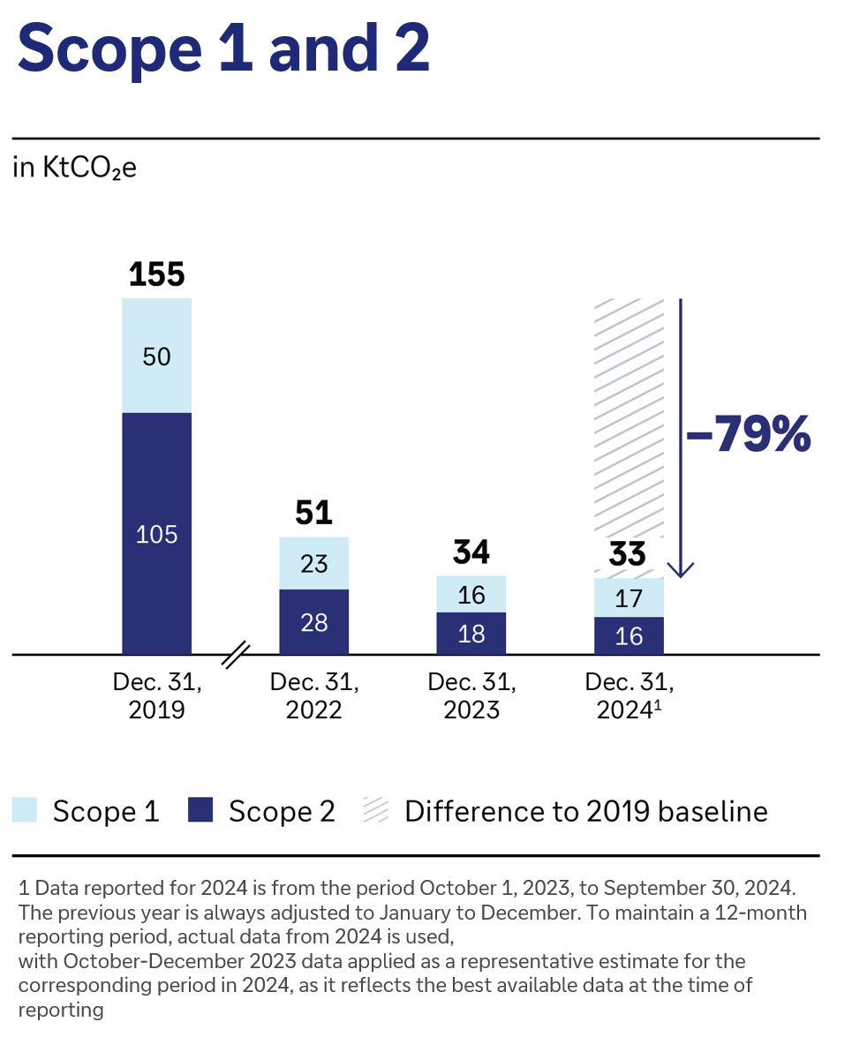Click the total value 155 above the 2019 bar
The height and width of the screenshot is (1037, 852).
(157, 274)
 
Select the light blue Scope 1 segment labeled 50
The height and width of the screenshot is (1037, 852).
(157, 356)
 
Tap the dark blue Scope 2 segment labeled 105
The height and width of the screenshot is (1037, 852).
(157, 533)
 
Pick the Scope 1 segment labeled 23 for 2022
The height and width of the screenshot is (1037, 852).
(314, 563)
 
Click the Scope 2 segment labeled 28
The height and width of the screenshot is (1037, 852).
(314, 622)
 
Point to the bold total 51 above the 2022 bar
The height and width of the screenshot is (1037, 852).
(314, 513)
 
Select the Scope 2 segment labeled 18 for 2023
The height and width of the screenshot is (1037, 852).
(471, 634)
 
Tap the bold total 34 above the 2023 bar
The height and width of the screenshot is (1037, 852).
(471, 552)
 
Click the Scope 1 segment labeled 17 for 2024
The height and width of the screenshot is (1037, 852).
(629, 598)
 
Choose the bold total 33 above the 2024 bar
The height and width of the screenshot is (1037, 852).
(629, 554)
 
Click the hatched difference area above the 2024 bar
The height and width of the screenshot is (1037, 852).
(629, 415)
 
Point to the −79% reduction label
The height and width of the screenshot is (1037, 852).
(747, 435)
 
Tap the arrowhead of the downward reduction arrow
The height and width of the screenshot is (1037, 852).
(681, 569)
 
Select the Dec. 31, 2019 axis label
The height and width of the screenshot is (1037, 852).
(157, 695)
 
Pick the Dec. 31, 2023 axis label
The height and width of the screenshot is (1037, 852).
(471, 695)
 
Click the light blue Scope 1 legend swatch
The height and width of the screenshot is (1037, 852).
(25, 810)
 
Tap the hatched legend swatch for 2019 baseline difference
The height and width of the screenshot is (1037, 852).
(376, 810)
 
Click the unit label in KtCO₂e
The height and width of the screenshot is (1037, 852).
(75, 169)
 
